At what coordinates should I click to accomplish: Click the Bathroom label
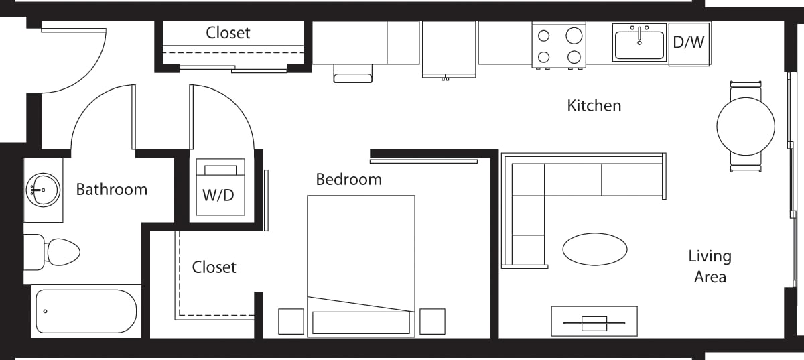coord(111,190)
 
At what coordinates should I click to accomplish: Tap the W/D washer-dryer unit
coord(220,187)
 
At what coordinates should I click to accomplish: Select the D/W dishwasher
coord(689,43)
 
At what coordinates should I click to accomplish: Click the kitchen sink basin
coord(639,44)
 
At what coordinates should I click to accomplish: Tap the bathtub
coord(86,311)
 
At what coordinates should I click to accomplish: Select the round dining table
coord(746,126)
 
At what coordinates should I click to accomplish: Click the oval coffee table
coord(594,249)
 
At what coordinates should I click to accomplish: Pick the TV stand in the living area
coord(594,321)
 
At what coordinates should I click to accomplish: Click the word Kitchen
coord(594,105)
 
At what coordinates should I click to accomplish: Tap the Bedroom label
coord(348,180)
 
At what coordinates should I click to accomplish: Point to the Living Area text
coord(710,266)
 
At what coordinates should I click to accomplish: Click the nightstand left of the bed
coord(291,321)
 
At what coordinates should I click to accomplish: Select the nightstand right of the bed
coord(432,321)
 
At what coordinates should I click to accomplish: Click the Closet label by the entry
coord(228,33)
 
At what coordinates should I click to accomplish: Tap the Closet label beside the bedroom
coord(214,267)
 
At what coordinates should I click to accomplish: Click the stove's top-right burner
coord(574,36)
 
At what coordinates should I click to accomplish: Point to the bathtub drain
coord(46,311)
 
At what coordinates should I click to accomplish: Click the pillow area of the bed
coord(360,322)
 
